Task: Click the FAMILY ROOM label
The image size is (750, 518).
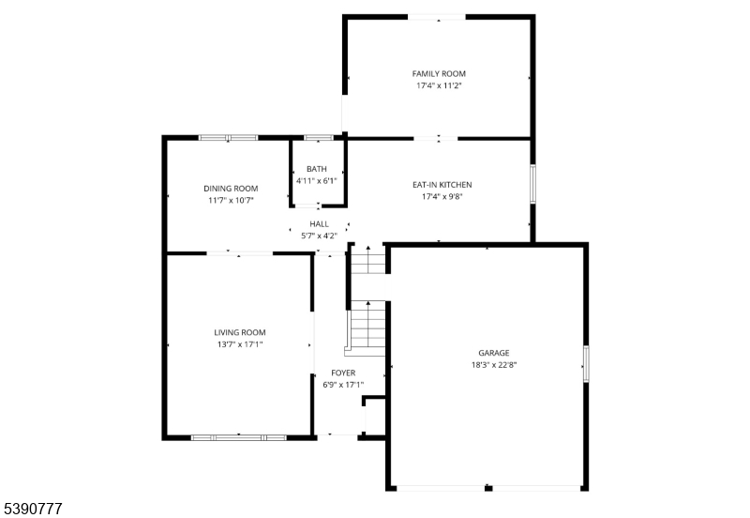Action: point(439,73)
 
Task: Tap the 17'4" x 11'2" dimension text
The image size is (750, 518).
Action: point(439,85)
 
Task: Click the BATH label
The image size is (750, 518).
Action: point(316,169)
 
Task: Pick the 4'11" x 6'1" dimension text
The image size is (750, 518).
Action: point(316,180)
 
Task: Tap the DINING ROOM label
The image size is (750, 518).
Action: point(231,188)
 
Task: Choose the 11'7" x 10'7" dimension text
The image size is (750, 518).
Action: point(231,200)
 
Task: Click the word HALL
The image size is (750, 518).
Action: point(319,224)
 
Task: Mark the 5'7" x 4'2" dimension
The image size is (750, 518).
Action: point(319,236)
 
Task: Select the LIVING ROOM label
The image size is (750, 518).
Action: point(240,332)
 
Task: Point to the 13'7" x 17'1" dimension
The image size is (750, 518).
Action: point(240,344)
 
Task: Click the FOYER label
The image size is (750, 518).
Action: point(329,373)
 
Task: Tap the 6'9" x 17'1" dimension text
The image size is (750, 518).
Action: point(329,385)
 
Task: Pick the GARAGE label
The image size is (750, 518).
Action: point(494,353)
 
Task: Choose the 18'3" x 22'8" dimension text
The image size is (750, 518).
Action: point(494,364)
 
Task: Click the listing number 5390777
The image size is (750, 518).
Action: point(34,509)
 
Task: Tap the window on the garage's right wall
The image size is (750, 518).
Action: point(586,363)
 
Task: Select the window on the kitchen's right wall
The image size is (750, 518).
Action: point(532,184)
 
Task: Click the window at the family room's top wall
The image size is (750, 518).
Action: point(436,16)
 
